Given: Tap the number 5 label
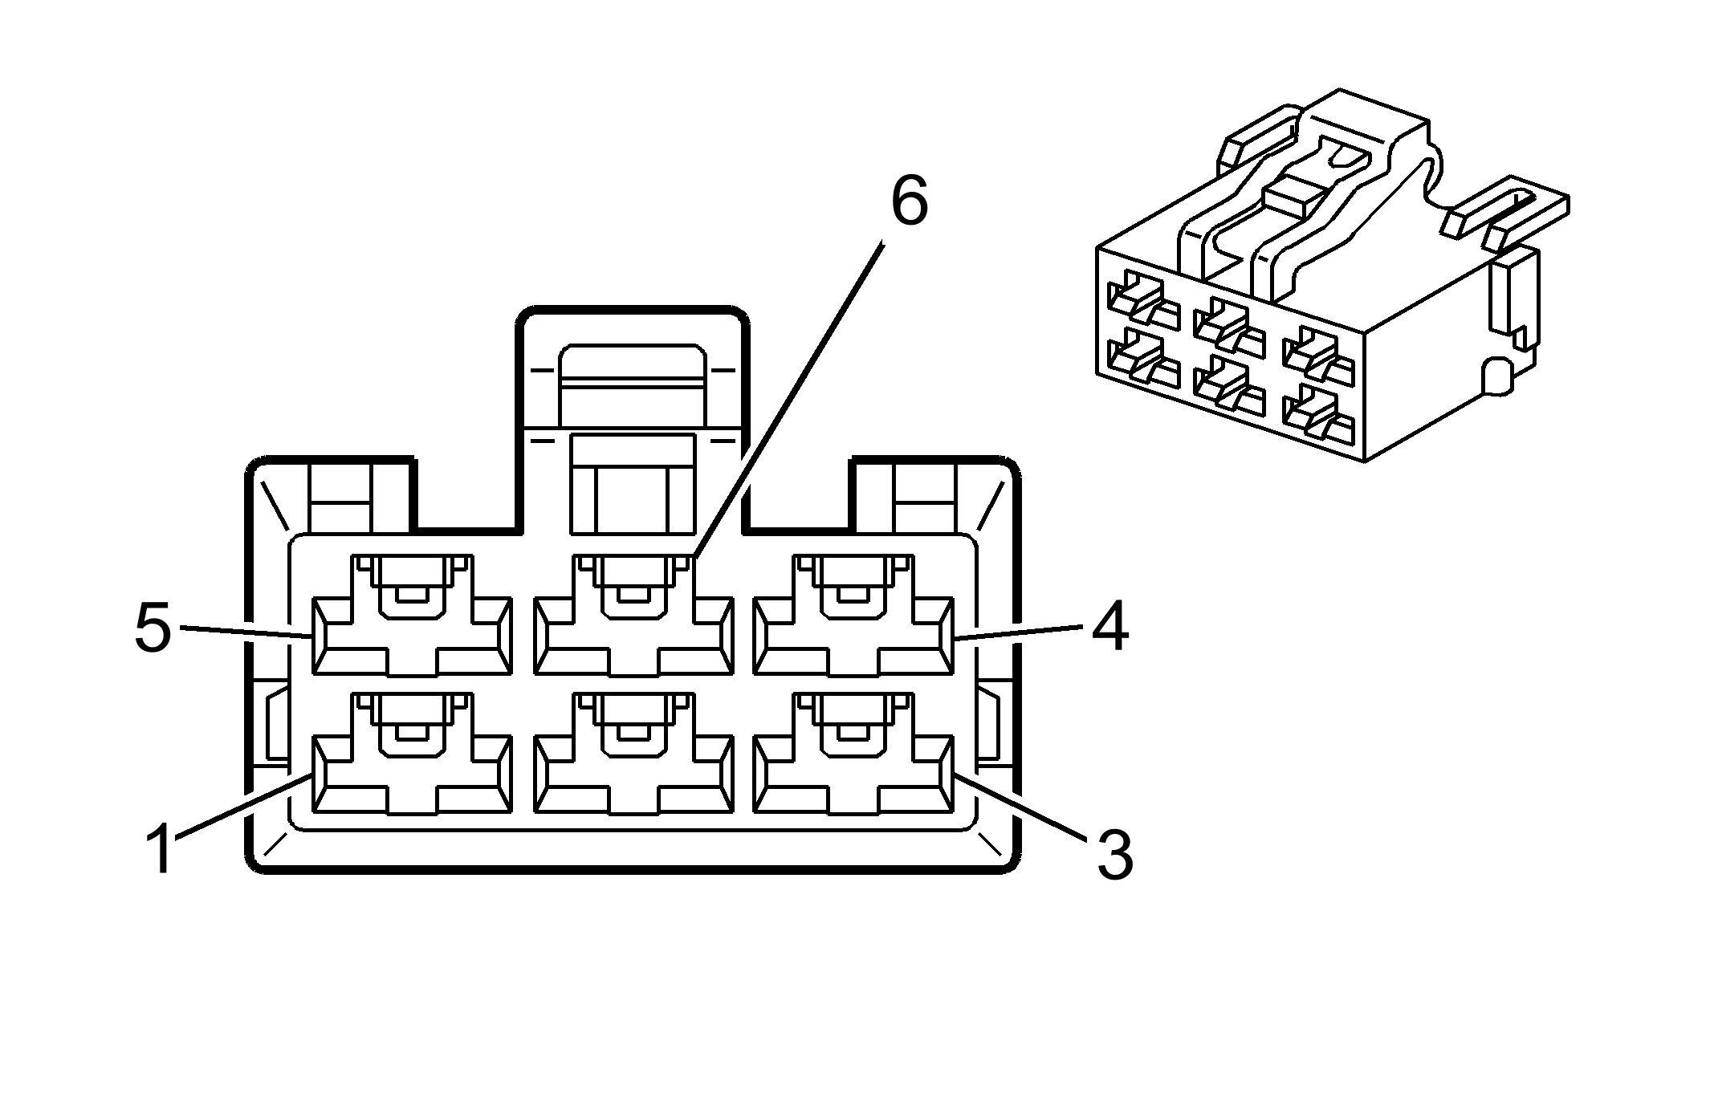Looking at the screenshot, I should click(153, 628).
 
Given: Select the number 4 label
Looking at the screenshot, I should click(1109, 628).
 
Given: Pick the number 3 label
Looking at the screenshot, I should click(1114, 856).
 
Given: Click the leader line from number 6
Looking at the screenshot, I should click(791, 397).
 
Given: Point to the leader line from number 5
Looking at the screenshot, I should click(245, 632).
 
